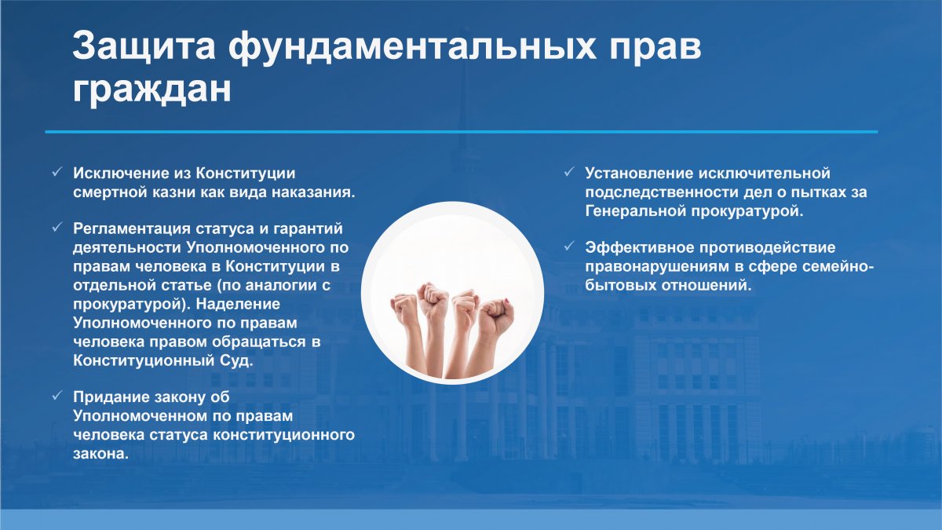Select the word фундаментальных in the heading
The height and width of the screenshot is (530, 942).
point(411,46)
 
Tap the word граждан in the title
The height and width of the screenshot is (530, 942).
point(152,90)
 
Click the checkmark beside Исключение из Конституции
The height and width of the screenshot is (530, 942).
point(57,172)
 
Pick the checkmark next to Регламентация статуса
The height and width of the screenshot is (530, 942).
point(57,227)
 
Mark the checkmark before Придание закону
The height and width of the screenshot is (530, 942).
point(57,396)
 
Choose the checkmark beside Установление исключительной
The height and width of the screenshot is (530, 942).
point(569,172)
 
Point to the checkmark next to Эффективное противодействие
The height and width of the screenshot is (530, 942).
point(569,246)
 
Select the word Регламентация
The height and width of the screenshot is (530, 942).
point(131,228)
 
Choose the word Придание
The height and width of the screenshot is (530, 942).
point(111,397)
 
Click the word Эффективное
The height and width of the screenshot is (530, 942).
point(639,247)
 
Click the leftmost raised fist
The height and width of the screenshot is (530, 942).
point(404,309)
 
